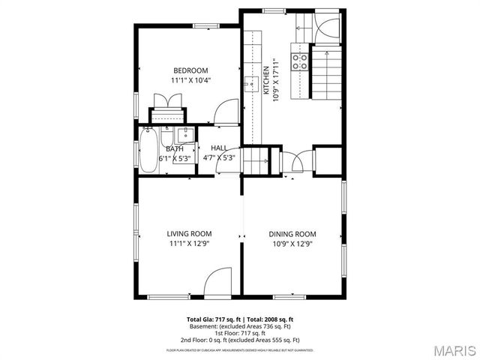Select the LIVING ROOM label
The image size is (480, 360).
point(189,234)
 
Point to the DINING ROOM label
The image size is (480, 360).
point(292,234)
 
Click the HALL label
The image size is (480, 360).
point(219,148)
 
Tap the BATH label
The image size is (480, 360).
point(174,148)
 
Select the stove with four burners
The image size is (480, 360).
point(300,61)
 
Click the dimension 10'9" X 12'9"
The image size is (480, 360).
point(292,244)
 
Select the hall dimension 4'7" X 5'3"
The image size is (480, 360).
point(220,158)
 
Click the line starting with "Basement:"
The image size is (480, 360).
point(239,326)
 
